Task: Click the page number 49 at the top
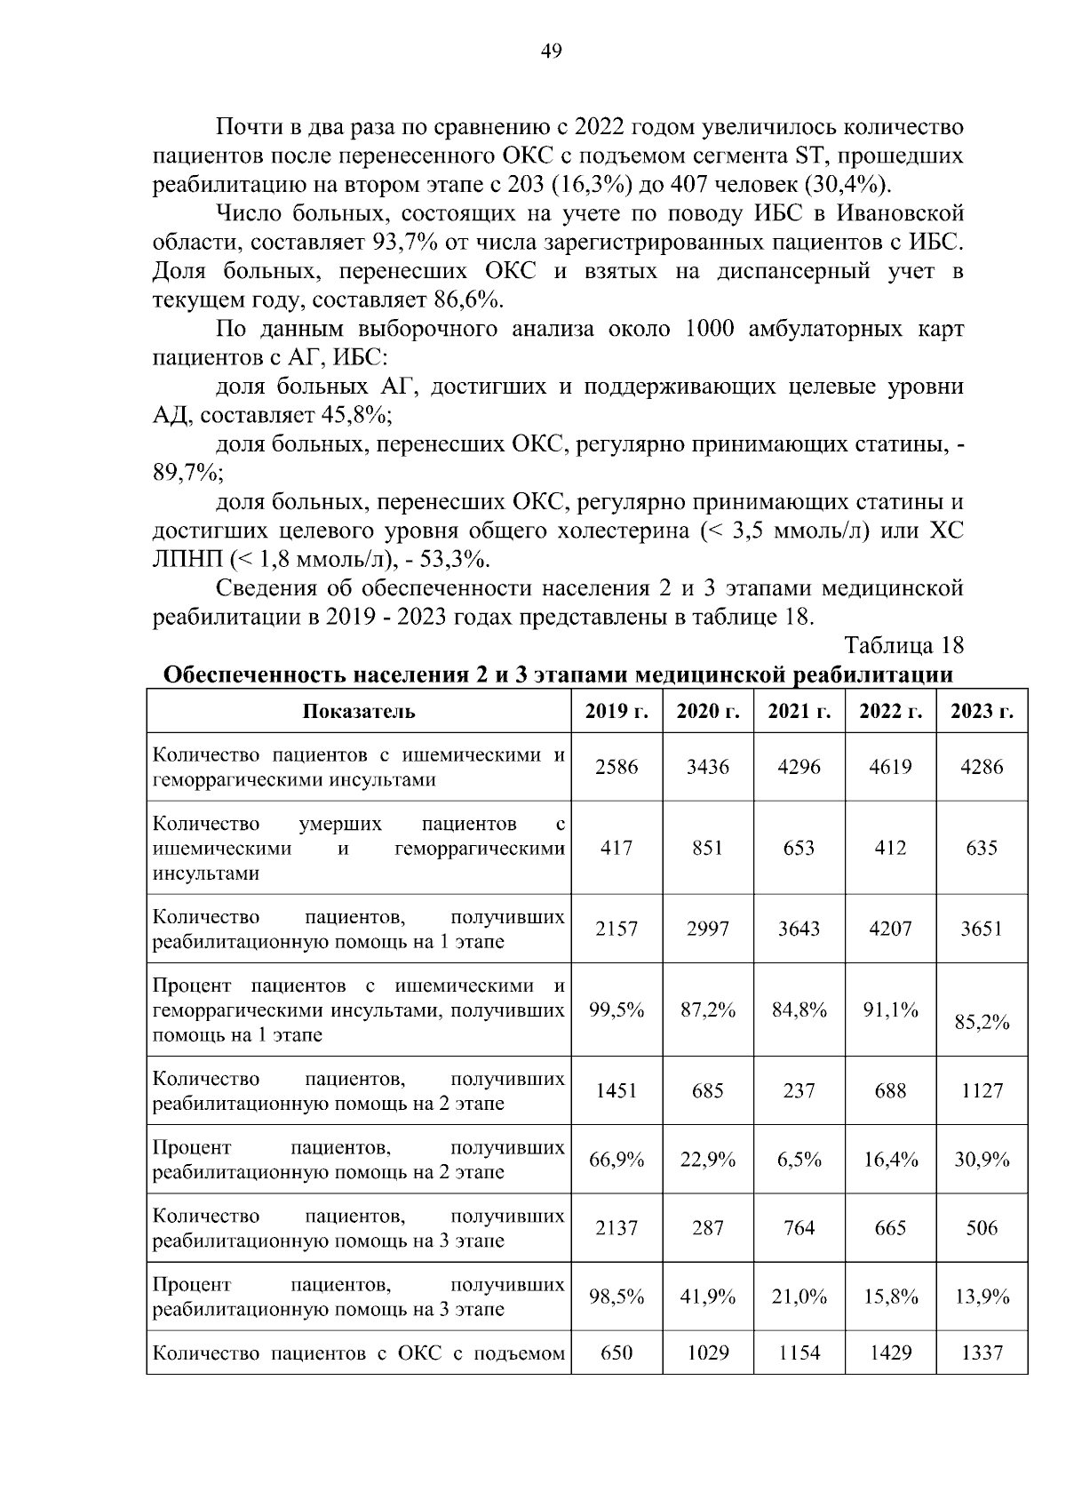(x=551, y=51)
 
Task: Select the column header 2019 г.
(x=617, y=711)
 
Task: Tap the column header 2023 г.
(x=982, y=711)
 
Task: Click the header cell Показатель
(x=359, y=711)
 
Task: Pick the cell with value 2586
(x=617, y=767)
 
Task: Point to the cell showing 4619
(x=890, y=767)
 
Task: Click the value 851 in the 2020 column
(x=708, y=848)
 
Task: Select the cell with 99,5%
(x=617, y=1009)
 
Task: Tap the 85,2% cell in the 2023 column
(x=982, y=1022)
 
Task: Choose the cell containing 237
(x=799, y=1090)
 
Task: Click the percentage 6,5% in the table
(x=799, y=1160)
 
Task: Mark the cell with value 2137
(x=617, y=1228)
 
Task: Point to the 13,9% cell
(x=982, y=1297)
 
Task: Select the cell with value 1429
(x=890, y=1353)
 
